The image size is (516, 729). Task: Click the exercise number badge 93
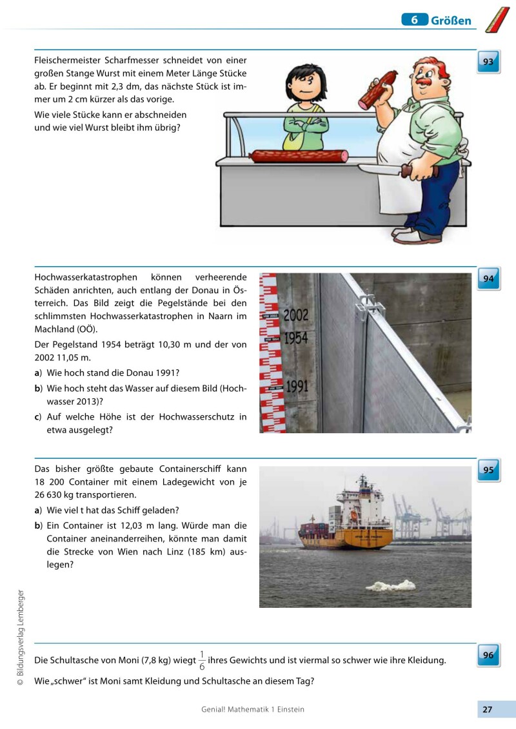(x=488, y=63)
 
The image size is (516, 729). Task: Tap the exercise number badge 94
(x=488, y=279)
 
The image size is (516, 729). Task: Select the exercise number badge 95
(x=488, y=470)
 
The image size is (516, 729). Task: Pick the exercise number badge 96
(x=488, y=656)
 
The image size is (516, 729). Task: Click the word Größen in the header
(x=451, y=21)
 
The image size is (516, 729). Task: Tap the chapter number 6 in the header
(x=415, y=20)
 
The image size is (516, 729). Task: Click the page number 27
(x=488, y=710)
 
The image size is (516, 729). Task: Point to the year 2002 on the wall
(x=296, y=315)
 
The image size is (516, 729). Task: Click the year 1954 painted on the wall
(x=296, y=338)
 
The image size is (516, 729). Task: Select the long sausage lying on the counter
(x=299, y=156)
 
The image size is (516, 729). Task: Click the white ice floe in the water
(x=390, y=586)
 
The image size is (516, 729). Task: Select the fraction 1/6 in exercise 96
(x=202, y=661)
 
